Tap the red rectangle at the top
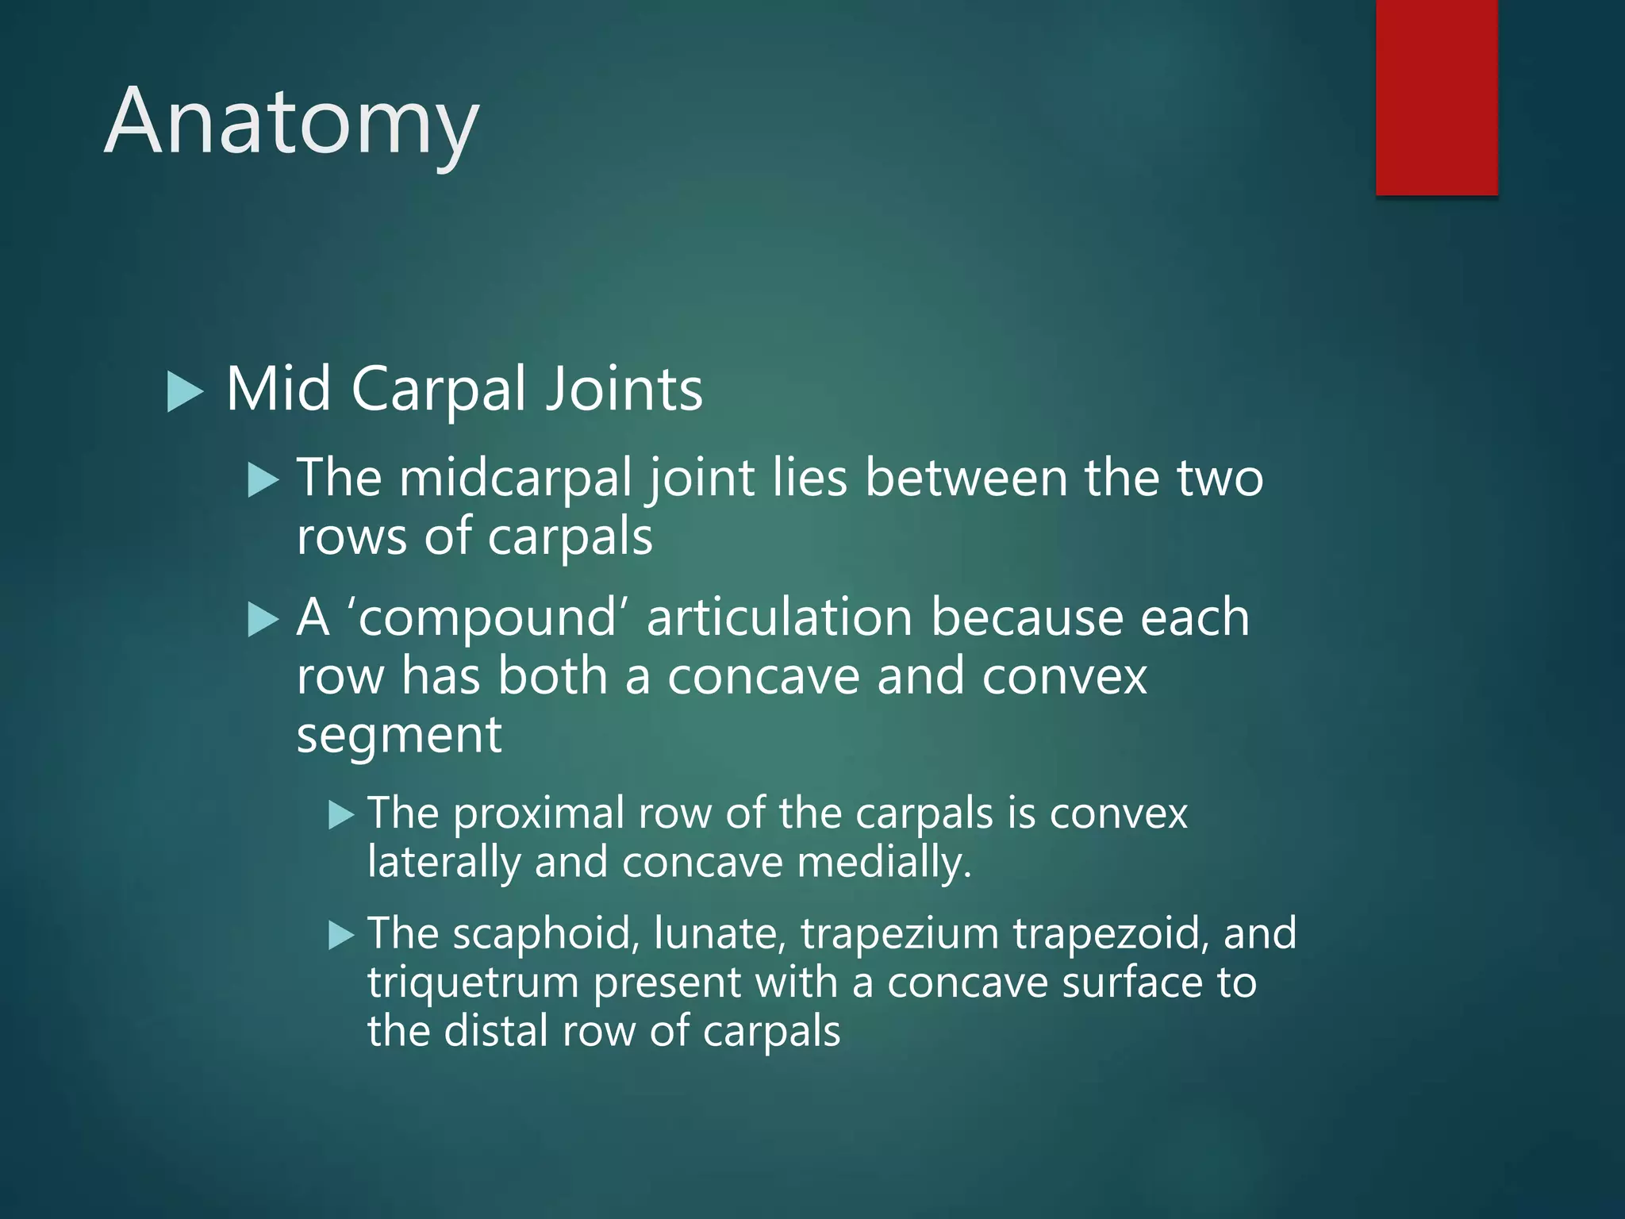[x=1436, y=97]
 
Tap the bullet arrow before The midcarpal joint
[x=263, y=481]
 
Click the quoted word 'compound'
[x=486, y=618]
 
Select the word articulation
[x=779, y=618]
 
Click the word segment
[x=398, y=736]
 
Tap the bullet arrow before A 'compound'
[x=263, y=619]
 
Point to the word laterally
[x=443, y=863]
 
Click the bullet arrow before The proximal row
[x=341, y=815]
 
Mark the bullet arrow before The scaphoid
[x=341, y=936]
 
